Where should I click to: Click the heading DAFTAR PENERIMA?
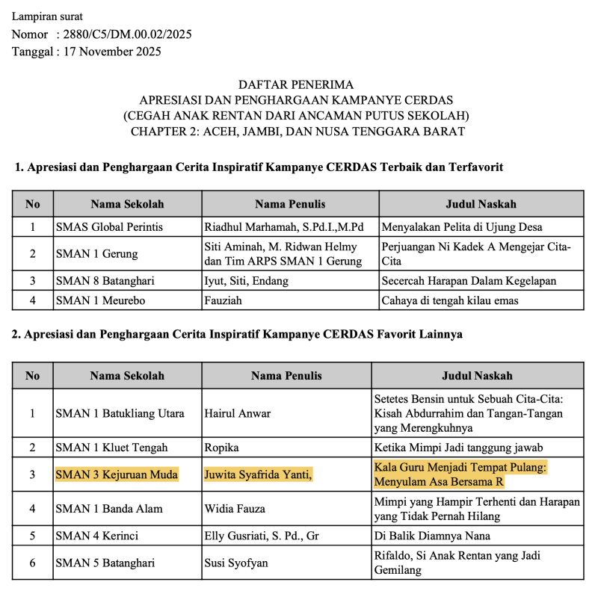pyautogui.click(x=296, y=85)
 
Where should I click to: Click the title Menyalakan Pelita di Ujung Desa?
pyautogui.click(x=461, y=226)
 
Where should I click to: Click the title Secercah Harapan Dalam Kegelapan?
pyautogui.click(x=469, y=281)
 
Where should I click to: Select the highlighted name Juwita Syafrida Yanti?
pyautogui.click(x=258, y=474)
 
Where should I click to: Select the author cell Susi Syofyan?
pyautogui.click(x=237, y=563)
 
